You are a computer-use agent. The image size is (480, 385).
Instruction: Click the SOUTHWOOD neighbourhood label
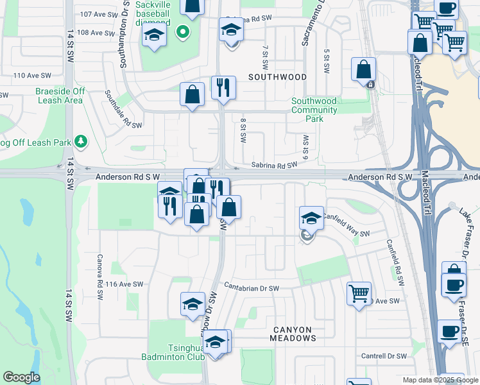click(277, 76)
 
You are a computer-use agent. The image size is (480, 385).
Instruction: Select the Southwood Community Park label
click(314, 110)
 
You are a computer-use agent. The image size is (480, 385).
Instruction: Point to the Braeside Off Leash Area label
click(59, 96)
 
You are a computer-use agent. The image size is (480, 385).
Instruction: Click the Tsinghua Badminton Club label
click(176, 352)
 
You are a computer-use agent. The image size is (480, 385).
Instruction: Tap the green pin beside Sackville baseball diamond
click(182, 31)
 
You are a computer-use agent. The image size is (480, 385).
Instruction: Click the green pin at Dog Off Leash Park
click(81, 141)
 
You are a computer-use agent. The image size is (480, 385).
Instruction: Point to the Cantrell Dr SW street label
click(384, 356)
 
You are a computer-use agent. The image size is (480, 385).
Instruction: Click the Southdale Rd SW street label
click(123, 108)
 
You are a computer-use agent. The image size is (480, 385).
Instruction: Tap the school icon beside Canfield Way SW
click(311, 218)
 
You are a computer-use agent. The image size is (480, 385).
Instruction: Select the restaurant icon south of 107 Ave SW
click(223, 87)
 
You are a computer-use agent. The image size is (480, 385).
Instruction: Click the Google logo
click(22, 377)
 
